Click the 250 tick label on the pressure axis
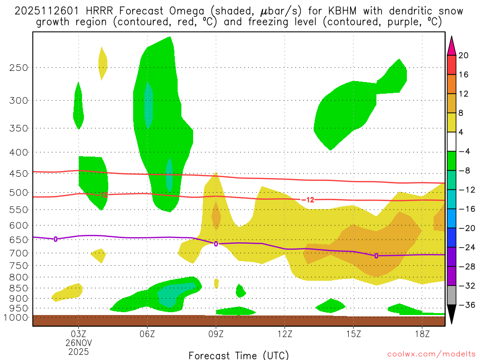click(x=19, y=67)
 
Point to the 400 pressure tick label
click(x=19, y=152)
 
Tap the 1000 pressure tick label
click(x=16, y=317)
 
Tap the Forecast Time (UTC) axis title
click(x=239, y=355)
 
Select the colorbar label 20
click(x=463, y=55)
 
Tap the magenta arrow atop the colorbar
click(x=451, y=46)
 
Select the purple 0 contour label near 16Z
click(x=376, y=255)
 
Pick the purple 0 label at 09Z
click(x=216, y=244)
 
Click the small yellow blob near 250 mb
click(x=103, y=63)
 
